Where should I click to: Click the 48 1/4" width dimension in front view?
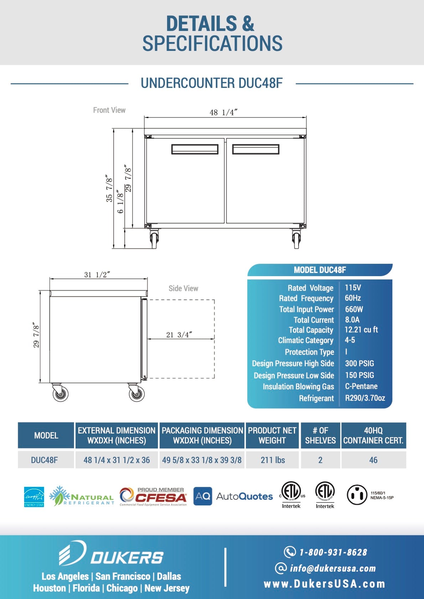pyautogui.click(x=223, y=112)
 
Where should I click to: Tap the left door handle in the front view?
pyautogui.click(x=195, y=149)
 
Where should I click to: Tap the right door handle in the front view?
pyautogui.click(x=255, y=149)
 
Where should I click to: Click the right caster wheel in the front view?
pyautogui.click(x=296, y=240)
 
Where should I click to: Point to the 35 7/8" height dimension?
pyautogui.click(x=109, y=188)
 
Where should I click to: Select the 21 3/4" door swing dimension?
pyautogui.click(x=179, y=335)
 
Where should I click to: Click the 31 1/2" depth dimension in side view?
pyautogui.click(x=97, y=275)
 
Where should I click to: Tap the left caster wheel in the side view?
pyautogui.click(x=60, y=393)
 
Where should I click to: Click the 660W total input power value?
pyautogui.click(x=354, y=309)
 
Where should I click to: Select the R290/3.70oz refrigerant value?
pyautogui.click(x=365, y=398)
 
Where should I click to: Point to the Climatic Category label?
pyautogui.click(x=305, y=341)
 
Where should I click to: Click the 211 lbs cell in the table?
pyautogui.click(x=273, y=460)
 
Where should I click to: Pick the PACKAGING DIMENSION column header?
pyautogui.click(x=202, y=435)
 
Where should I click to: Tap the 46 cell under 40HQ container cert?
pyautogui.click(x=373, y=460)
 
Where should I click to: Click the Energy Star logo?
pyautogui.click(x=34, y=496)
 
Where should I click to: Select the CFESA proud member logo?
pyautogui.click(x=154, y=496)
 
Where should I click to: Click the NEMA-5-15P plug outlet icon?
pyautogui.click(x=357, y=495)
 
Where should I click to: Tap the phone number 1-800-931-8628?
pyautogui.click(x=333, y=552)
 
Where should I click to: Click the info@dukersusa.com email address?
pyautogui.click(x=332, y=568)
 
